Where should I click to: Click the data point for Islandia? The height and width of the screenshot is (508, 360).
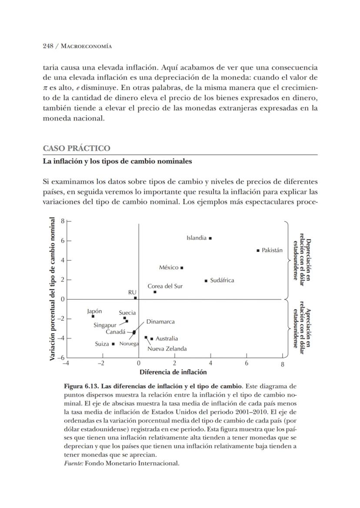(x=210, y=238)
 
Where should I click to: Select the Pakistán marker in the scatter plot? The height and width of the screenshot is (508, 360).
(x=258, y=251)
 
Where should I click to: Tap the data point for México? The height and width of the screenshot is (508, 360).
(x=182, y=267)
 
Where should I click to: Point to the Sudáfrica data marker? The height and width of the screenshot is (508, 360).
(x=206, y=281)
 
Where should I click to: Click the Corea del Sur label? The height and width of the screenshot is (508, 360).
(x=165, y=286)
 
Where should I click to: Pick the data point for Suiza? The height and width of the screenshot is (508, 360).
(x=113, y=344)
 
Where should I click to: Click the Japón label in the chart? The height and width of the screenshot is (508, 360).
(x=94, y=311)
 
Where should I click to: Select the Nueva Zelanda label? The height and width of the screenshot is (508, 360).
(x=167, y=348)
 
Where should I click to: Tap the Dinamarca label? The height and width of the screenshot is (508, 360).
(x=160, y=322)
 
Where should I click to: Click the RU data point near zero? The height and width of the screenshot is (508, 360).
(x=135, y=298)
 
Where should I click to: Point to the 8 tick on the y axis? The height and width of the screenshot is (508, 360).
(x=63, y=221)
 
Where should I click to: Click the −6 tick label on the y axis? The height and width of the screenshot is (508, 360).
(x=62, y=357)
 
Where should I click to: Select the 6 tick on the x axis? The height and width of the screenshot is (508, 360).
(x=247, y=363)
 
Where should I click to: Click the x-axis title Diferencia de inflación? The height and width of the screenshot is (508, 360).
(x=173, y=372)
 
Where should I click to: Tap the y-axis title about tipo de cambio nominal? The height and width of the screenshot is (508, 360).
(x=53, y=289)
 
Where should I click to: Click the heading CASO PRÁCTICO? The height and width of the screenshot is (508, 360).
(x=77, y=148)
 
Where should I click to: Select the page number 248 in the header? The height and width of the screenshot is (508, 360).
(x=48, y=46)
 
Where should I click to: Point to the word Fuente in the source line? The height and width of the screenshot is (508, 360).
(x=73, y=463)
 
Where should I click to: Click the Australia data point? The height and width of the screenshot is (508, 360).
(x=151, y=339)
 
